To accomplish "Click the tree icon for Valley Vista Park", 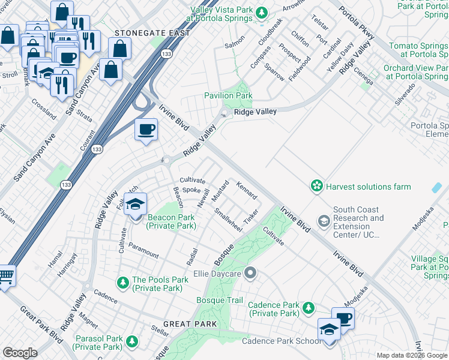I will (x=262, y=11).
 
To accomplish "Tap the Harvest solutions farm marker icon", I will (x=316, y=187).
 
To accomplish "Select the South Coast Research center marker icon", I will (x=324, y=222).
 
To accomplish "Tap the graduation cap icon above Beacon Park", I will (x=135, y=205).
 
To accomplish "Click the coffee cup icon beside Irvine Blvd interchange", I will (x=146, y=129).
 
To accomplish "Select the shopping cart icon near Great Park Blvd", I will (x=6, y=277).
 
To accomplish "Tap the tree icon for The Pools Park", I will (x=123, y=282).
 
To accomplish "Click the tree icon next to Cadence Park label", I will (x=309, y=308).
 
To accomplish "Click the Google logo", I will (x=20, y=353).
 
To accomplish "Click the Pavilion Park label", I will (x=228, y=95).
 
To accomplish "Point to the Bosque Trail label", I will (x=220, y=300).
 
